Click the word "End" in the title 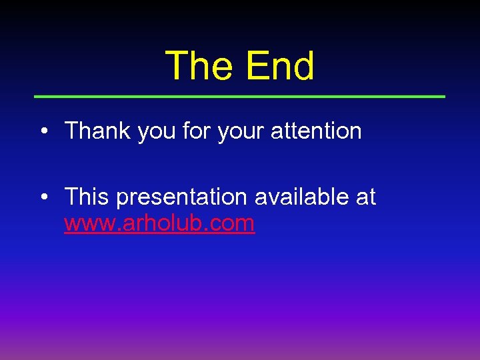click(280, 67)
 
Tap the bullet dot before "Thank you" click(43, 131)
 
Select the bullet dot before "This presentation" click(43, 197)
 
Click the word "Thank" click(98, 131)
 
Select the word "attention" click(316, 131)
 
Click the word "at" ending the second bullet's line click(366, 197)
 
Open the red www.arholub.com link click(159, 223)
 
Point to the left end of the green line click(36, 97)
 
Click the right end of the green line click(443, 97)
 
